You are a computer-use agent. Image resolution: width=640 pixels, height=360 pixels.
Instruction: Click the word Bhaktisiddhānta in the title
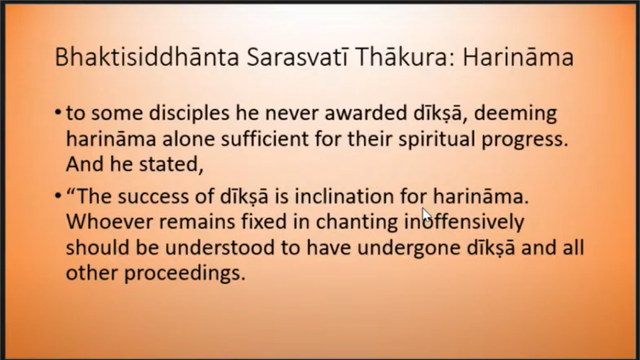pyautogui.click(x=147, y=57)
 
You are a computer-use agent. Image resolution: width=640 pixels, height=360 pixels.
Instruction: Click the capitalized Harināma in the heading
pyautogui.click(x=518, y=57)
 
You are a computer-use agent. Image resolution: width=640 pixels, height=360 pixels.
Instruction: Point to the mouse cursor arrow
pyautogui.click(x=426, y=215)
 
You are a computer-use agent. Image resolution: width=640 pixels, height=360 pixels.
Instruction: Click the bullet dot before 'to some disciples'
pyautogui.click(x=58, y=112)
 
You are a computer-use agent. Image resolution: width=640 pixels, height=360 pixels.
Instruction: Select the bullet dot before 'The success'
pyautogui.click(x=58, y=196)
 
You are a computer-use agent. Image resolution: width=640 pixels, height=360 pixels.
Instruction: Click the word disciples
pyautogui.click(x=189, y=114)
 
